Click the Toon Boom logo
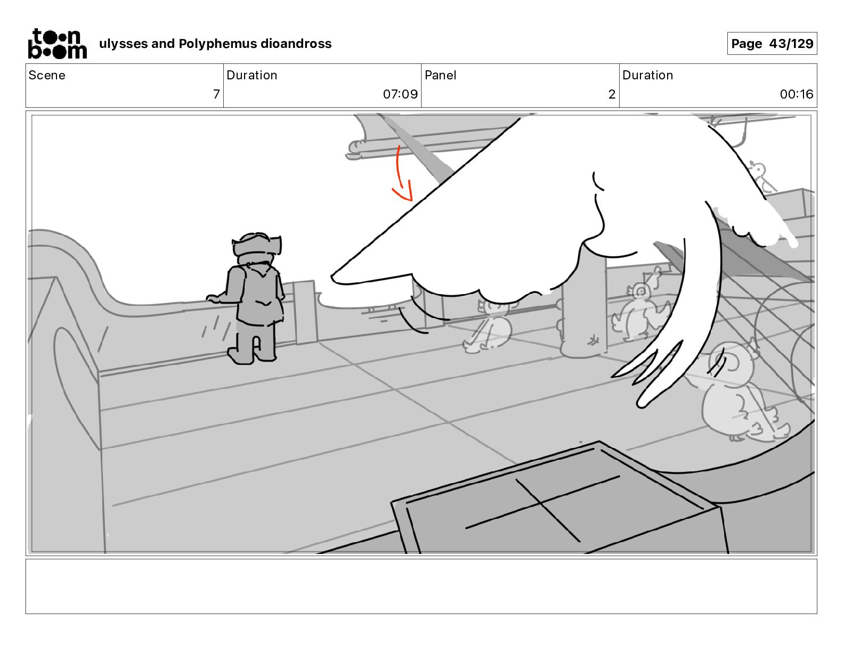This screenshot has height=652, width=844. [x=58, y=44]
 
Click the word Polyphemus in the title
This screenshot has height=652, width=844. [x=217, y=44]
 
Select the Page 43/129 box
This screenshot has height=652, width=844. [x=772, y=44]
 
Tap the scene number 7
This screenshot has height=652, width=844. [x=216, y=94]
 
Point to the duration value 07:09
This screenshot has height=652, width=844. [x=400, y=94]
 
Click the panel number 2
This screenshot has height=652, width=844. [x=612, y=94]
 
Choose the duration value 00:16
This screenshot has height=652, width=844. [x=796, y=94]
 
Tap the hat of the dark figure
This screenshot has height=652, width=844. [x=256, y=244]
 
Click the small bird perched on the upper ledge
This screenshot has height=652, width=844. [x=762, y=177]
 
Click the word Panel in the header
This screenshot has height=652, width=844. [x=441, y=75]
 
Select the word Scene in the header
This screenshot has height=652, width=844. [x=47, y=75]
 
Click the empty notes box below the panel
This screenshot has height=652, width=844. [x=421, y=586]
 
